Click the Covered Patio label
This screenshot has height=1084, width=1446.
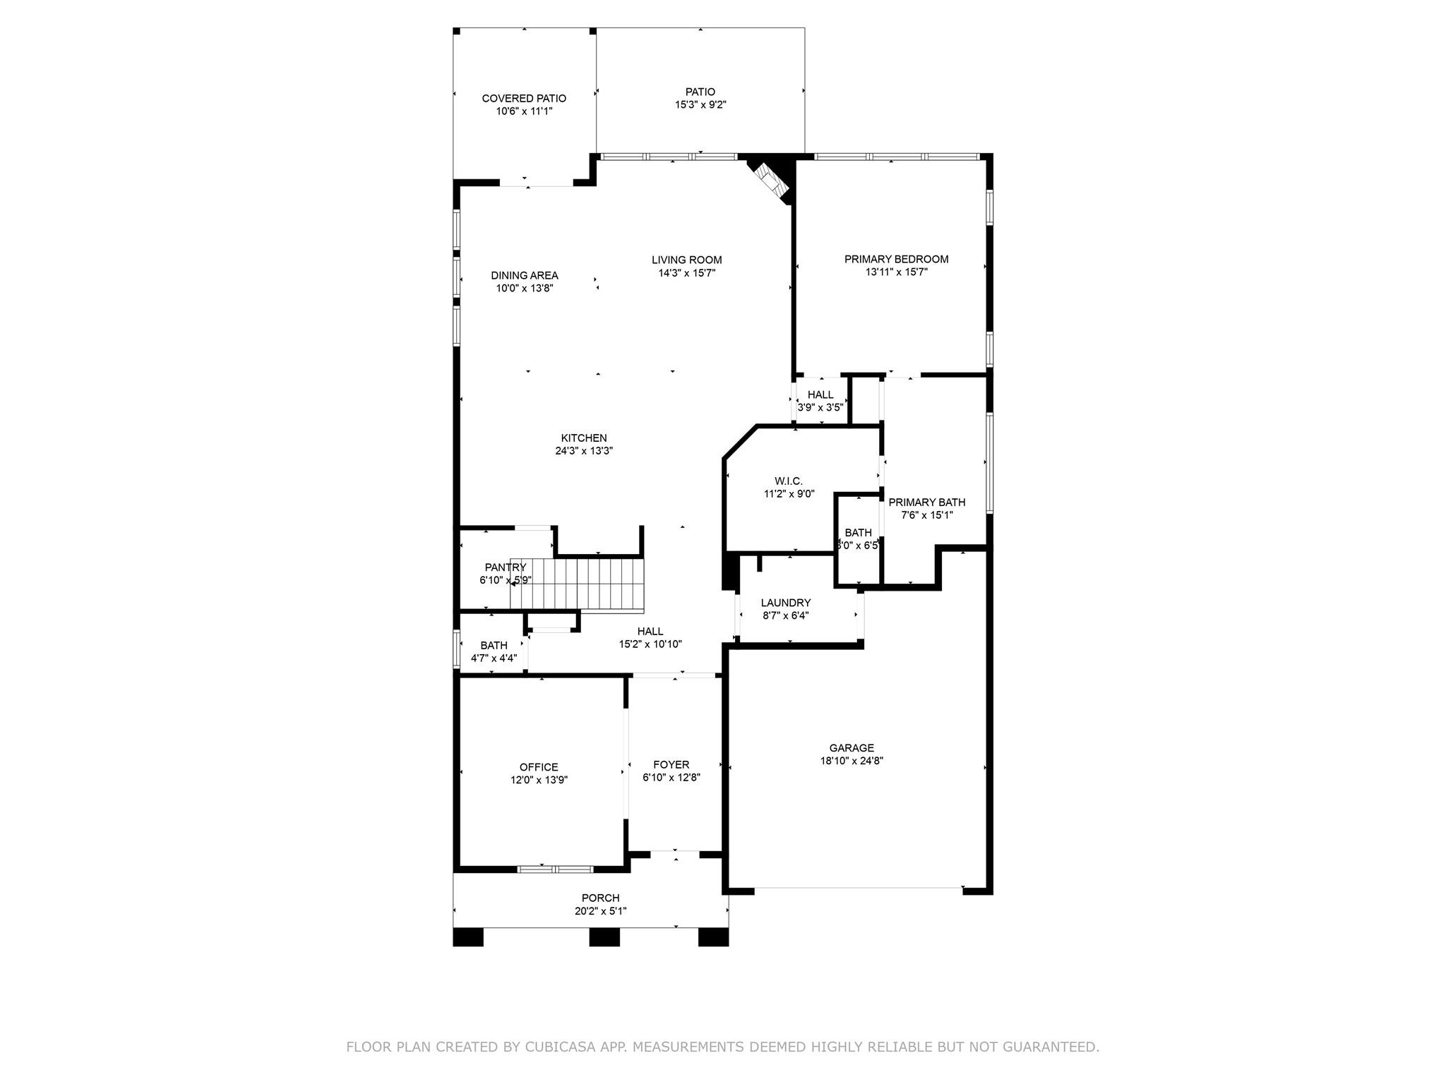(x=524, y=99)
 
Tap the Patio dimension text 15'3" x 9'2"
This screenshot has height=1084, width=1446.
(x=700, y=105)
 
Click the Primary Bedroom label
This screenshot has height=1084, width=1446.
(x=896, y=259)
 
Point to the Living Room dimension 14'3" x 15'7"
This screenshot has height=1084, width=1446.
(x=686, y=273)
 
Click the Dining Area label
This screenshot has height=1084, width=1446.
(x=525, y=275)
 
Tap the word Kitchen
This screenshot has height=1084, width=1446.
(x=584, y=438)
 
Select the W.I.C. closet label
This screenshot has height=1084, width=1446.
(x=788, y=481)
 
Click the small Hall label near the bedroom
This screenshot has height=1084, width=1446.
(x=820, y=395)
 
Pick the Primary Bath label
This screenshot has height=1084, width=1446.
(x=926, y=502)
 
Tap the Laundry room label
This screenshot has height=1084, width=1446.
(x=785, y=603)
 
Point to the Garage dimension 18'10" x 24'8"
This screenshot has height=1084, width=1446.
(x=852, y=761)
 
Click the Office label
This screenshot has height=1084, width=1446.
(x=539, y=767)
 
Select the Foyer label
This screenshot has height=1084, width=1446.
(x=671, y=764)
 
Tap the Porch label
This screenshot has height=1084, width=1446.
(x=600, y=898)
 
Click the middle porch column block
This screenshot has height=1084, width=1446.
(x=604, y=937)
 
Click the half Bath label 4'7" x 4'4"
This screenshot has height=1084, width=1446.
(x=494, y=645)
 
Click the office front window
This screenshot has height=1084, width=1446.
(x=556, y=869)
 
